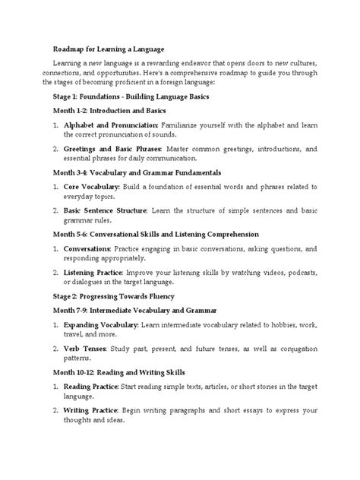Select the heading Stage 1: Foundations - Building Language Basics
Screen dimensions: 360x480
point(135,98)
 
